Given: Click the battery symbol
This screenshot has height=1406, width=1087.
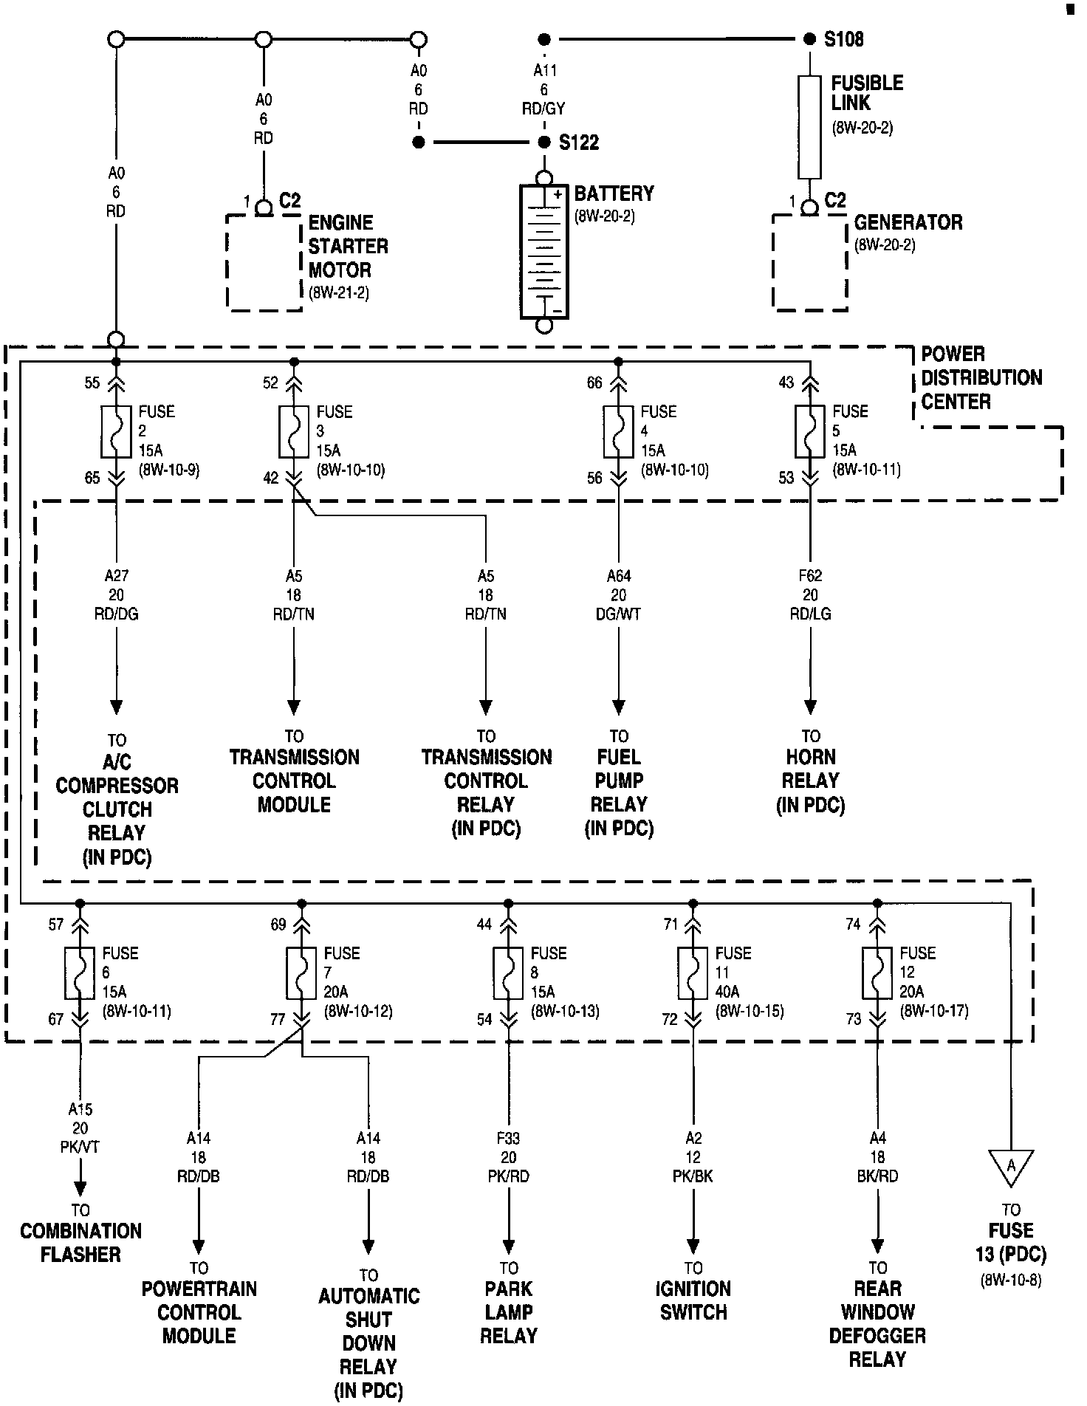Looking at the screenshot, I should (544, 252).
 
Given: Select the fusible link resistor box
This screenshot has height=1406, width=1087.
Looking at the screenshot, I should (809, 127).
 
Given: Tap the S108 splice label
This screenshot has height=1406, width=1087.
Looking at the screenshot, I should (844, 39).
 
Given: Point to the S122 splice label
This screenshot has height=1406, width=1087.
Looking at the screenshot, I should (579, 143).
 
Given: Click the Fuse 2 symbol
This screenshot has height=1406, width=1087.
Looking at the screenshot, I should (116, 431).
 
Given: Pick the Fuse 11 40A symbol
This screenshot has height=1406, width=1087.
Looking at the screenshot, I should (693, 973).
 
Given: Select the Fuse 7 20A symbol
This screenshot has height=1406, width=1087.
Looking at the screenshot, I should (301, 973).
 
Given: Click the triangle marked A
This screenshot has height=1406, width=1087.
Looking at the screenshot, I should (1011, 1167).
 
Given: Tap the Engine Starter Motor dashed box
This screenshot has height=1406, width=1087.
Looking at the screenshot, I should (264, 262).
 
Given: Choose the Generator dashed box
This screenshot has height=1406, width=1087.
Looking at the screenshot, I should (809, 262).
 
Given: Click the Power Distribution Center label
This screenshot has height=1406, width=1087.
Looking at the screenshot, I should (981, 378).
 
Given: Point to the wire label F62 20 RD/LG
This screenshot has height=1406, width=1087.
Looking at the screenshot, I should (810, 594).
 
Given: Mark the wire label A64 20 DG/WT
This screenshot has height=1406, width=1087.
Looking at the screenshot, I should (619, 594).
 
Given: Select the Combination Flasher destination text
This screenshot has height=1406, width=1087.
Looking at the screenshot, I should (80, 1242).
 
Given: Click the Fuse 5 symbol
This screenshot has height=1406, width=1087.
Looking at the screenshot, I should (810, 431).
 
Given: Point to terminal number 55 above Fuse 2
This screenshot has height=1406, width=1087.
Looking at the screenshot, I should (92, 383).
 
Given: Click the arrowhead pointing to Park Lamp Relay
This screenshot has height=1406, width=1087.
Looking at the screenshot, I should (509, 1246).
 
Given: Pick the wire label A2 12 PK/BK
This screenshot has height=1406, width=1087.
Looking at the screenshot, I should (693, 1157).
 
